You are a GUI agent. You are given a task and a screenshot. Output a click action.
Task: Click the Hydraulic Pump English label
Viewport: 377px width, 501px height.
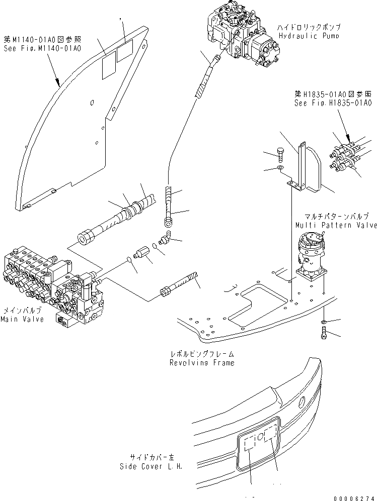(308, 36)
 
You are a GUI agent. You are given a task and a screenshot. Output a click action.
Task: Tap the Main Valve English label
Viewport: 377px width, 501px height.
(22, 319)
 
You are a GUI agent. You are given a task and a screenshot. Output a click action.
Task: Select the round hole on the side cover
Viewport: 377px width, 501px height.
(301, 401)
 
